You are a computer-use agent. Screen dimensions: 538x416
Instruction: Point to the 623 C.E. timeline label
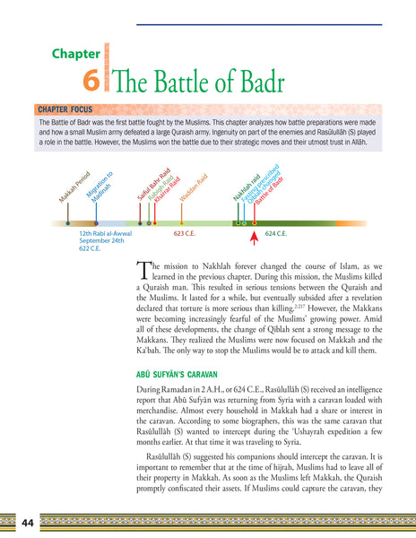click(185, 232)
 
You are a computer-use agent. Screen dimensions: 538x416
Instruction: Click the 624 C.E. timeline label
click(276, 232)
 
